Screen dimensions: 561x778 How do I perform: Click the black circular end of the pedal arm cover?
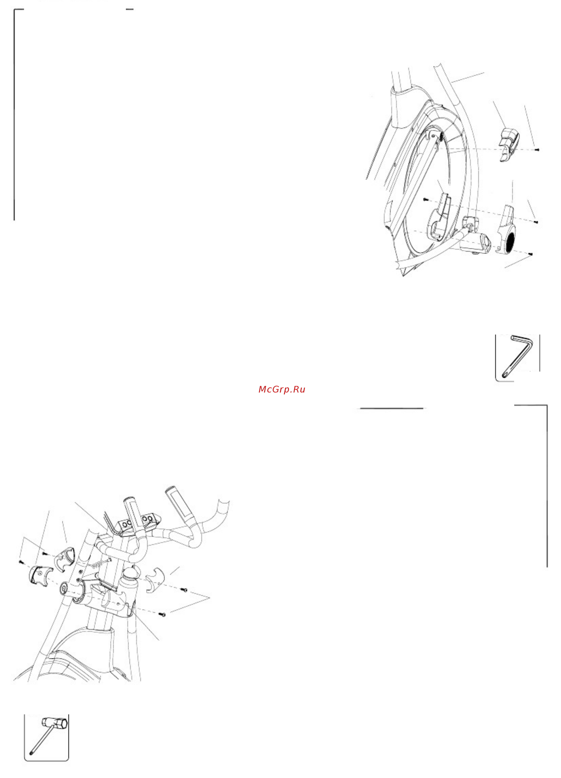(510, 242)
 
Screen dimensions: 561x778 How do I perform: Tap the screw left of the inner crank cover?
(426, 199)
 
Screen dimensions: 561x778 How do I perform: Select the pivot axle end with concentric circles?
(64, 588)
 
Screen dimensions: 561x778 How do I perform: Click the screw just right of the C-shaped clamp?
(185, 590)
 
